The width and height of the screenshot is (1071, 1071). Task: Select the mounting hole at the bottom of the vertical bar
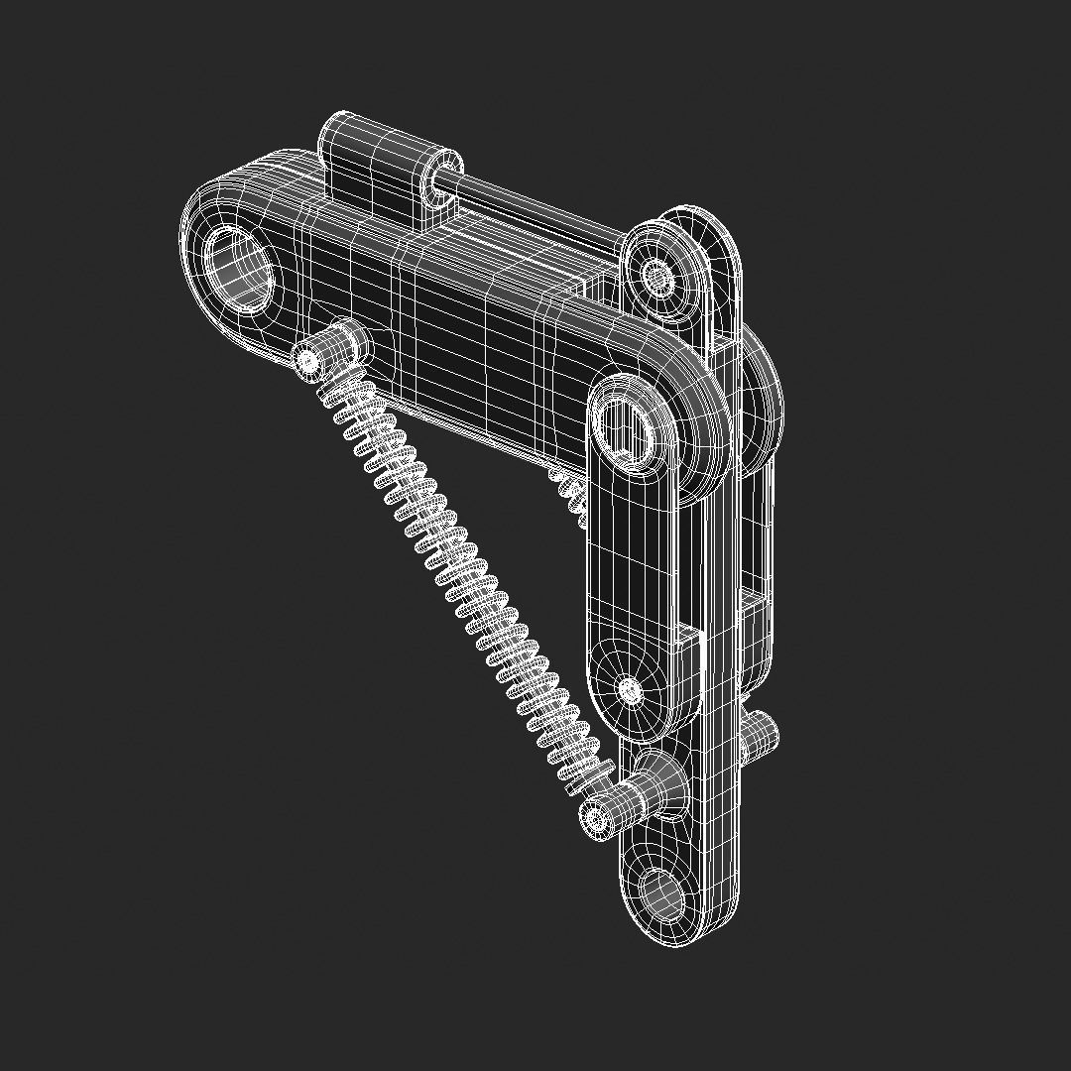[x=661, y=893]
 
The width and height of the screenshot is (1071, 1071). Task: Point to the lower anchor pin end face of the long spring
[x=595, y=818]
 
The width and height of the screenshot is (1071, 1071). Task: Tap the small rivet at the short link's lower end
[x=630, y=688]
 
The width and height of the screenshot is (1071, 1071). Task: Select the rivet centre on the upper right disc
[x=656, y=272]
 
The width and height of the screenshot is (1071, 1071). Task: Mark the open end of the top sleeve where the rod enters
[x=440, y=178]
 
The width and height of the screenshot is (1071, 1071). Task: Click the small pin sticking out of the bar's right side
[x=759, y=734]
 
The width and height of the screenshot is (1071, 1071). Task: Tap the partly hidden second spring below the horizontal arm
[x=570, y=491]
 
